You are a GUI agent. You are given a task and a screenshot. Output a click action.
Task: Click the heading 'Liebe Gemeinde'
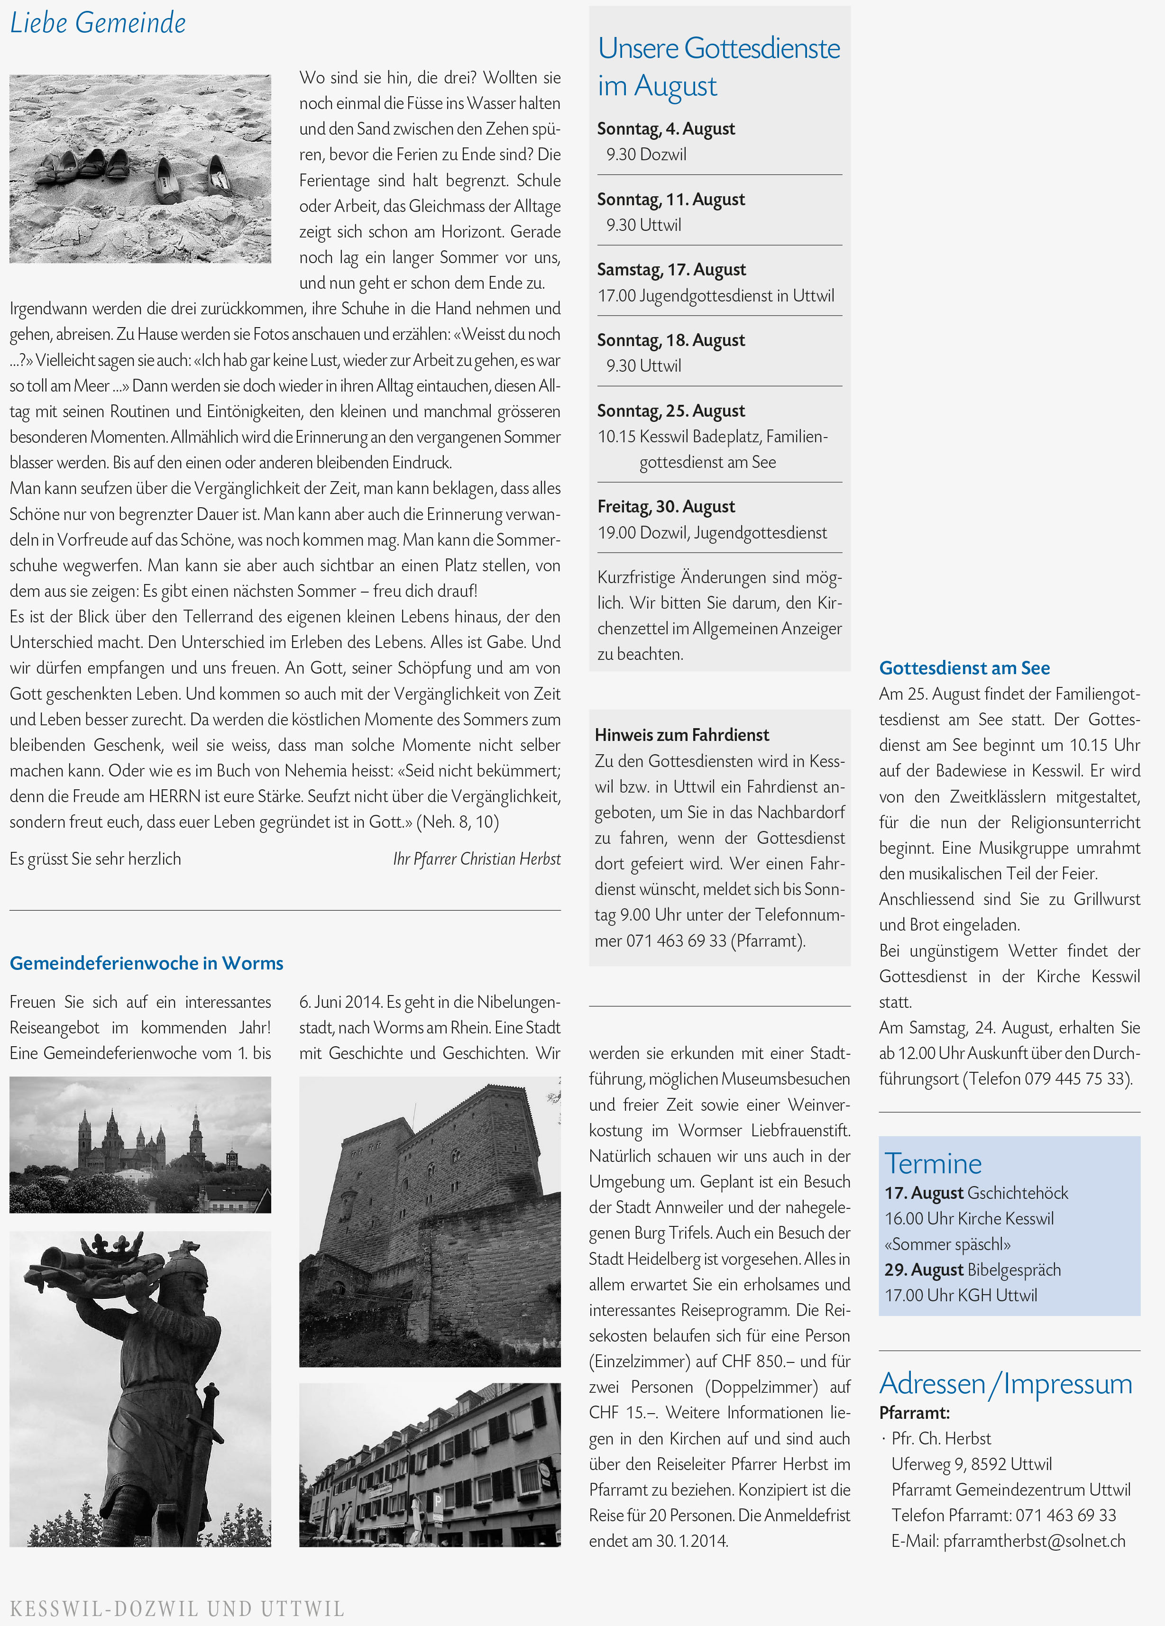click(x=98, y=23)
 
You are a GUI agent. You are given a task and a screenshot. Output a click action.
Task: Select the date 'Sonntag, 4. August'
click(x=666, y=129)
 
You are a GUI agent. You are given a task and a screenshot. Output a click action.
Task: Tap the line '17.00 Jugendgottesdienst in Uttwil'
click(x=716, y=295)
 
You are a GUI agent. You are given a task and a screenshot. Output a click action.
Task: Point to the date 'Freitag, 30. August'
click(x=666, y=507)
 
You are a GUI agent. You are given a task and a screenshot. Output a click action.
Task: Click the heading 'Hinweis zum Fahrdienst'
click(x=681, y=735)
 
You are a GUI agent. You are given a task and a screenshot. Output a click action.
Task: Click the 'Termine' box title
click(x=933, y=1163)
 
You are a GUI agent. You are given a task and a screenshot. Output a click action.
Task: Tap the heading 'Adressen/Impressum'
click(x=1005, y=1383)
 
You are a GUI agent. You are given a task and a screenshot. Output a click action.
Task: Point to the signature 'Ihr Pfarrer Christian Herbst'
click(x=477, y=859)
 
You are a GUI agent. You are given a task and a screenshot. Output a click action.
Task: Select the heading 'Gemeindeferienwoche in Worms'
click(x=146, y=963)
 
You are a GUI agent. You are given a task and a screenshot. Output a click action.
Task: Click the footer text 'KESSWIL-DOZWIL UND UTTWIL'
click(x=176, y=1608)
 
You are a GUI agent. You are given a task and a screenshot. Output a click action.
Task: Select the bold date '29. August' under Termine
click(x=923, y=1270)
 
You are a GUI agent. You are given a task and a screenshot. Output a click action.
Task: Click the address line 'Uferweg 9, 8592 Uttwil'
click(x=972, y=1464)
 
